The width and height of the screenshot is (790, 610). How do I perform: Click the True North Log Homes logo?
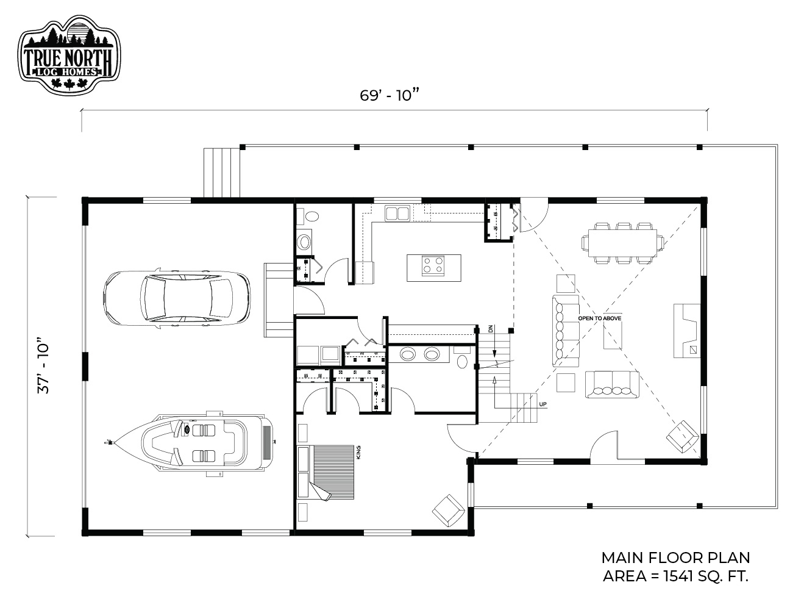pyautogui.click(x=69, y=56)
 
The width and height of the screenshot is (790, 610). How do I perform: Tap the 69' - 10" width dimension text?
pyautogui.click(x=390, y=95)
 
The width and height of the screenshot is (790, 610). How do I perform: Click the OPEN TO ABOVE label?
pyautogui.click(x=599, y=318)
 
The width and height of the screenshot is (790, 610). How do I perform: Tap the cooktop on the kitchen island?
pyautogui.click(x=433, y=265)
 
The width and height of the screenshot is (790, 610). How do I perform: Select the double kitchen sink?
pyautogui.click(x=397, y=213)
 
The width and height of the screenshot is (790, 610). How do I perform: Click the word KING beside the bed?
pyautogui.click(x=358, y=453)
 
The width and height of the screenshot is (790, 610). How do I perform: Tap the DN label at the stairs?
pyautogui.click(x=491, y=329)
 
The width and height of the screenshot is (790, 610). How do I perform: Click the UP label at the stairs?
pyautogui.click(x=543, y=404)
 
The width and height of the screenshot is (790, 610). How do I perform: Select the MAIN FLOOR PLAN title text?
pyautogui.click(x=675, y=558)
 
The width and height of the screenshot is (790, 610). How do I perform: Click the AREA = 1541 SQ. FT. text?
pyautogui.click(x=675, y=576)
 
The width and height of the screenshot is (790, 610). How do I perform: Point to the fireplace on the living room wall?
pyautogui.click(x=687, y=331)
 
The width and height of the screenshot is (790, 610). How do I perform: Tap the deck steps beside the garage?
pyautogui.click(x=221, y=173)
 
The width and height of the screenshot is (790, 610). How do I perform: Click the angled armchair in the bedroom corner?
pyautogui.click(x=448, y=510)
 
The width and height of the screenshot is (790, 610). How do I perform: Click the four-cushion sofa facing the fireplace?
pyautogui.click(x=612, y=384)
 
